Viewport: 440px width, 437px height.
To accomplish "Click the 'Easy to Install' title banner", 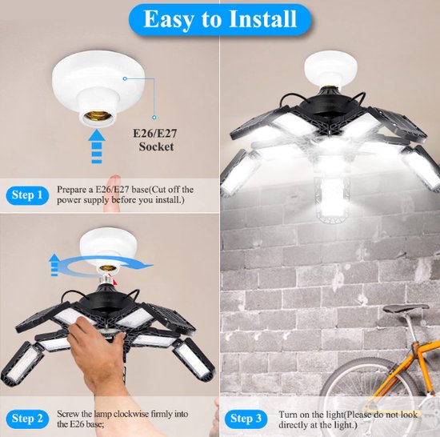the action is click(x=220, y=19).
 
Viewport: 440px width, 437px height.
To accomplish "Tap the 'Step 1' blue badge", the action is click(x=27, y=195).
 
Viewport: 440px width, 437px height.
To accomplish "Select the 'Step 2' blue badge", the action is click(x=27, y=419).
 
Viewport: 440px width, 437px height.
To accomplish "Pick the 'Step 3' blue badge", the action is click(x=246, y=419).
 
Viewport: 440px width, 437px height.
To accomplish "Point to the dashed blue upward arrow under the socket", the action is click(x=97, y=146).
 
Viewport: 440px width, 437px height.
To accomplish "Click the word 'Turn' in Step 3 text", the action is click(x=288, y=415).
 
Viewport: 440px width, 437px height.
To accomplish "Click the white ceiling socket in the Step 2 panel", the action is click(x=108, y=247).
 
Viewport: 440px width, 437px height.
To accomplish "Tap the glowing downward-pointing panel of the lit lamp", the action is click(x=332, y=200).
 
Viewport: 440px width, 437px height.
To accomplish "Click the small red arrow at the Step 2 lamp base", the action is click(x=114, y=281).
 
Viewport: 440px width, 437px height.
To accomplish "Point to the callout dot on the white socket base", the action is click(x=125, y=79).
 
